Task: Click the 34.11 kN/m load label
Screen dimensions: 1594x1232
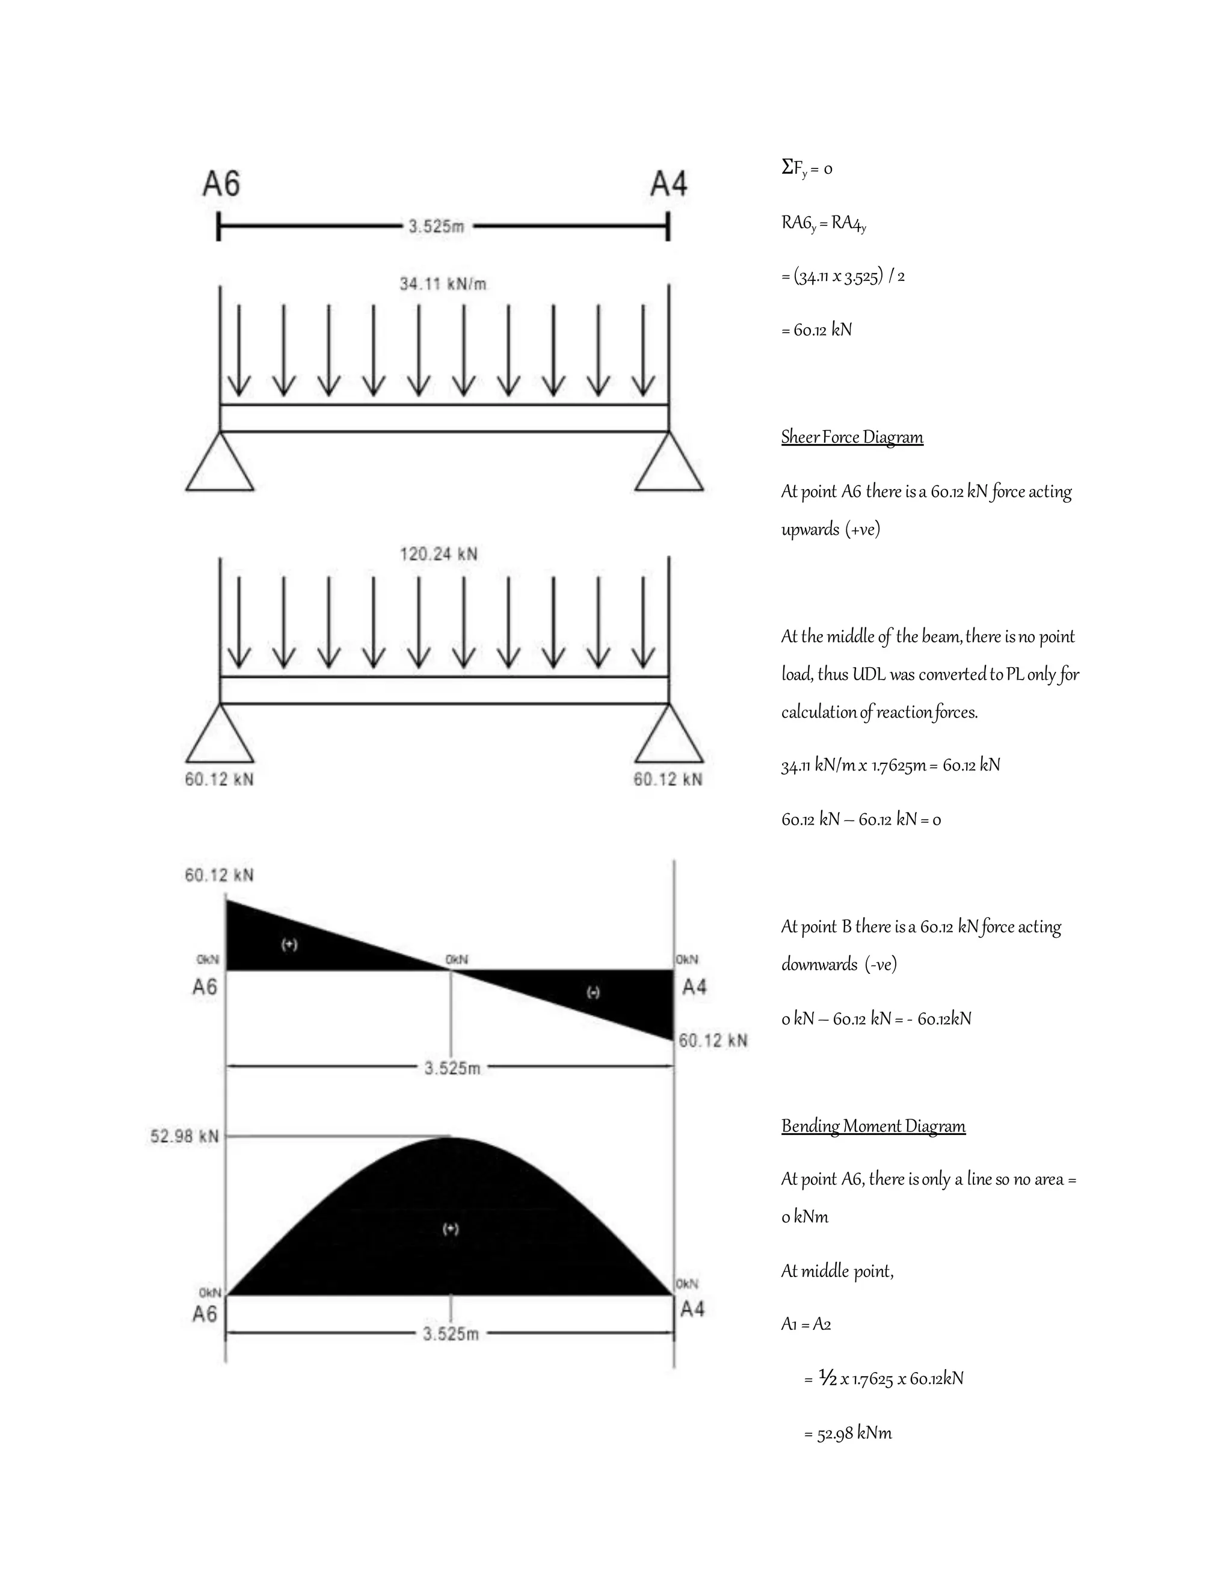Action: [x=442, y=284]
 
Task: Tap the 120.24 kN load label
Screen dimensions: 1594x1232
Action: [x=439, y=554]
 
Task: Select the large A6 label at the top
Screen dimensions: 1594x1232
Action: [x=221, y=184]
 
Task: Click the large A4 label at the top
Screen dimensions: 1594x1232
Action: [x=668, y=184]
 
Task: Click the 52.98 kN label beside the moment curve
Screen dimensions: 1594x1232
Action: [x=185, y=1136]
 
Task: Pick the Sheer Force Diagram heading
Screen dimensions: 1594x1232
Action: [x=852, y=437]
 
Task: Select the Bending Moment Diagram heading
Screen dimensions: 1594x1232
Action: [x=873, y=1126]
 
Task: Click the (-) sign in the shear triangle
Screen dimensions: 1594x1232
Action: [x=593, y=992]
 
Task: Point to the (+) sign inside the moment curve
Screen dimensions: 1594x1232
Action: [x=451, y=1229]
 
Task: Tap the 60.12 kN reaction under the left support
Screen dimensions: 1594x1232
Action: [x=219, y=780]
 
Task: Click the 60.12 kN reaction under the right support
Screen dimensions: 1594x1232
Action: [x=668, y=780]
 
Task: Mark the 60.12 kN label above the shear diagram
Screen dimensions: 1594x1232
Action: [x=219, y=875]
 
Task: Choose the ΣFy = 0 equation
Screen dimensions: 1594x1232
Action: [x=807, y=168]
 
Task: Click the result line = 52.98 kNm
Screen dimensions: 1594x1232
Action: [x=848, y=1433]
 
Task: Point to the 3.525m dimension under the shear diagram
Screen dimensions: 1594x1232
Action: [x=452, y=1068]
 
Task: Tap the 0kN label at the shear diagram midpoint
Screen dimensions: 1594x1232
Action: [x=457, y=959]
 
